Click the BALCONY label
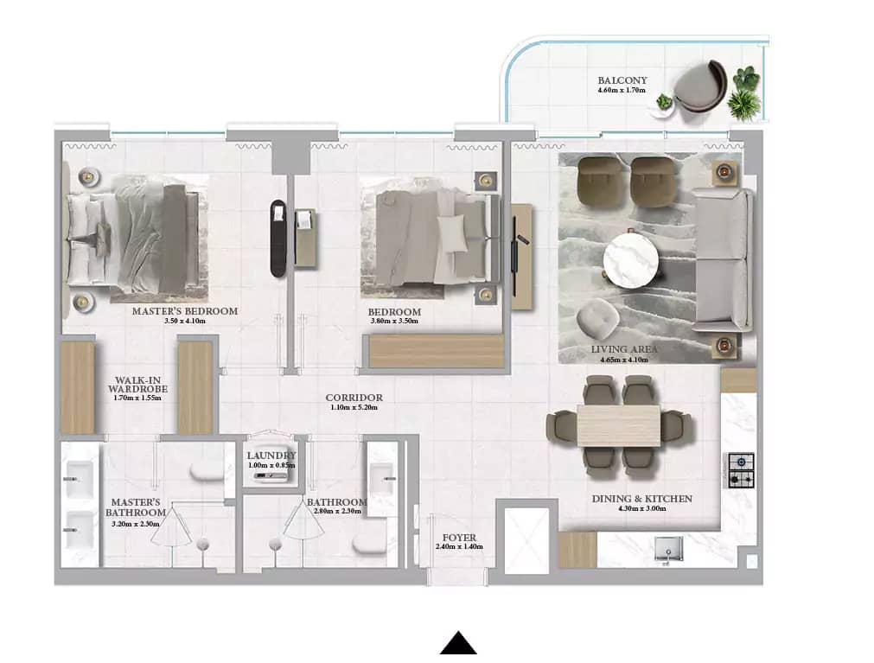click(x=622, y=80)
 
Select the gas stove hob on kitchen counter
click(x=741, y=469)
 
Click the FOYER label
click(x=456, y=538)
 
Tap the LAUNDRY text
click(x=271, y=456)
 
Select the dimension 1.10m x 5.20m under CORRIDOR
click(x=354, y=408)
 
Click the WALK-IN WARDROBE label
click(x=137, y=385)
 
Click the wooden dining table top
click(x=618, y=425)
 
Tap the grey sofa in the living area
click(x=724, y=258)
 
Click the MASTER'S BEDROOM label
click(x=184, y=311)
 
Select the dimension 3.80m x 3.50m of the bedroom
click(x=394, y=322)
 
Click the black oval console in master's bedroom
click(x=278, y=238)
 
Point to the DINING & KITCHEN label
click(x=641, y=499)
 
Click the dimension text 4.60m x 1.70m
click(x=622, y=90)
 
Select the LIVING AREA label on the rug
click(x=624, y=349)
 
